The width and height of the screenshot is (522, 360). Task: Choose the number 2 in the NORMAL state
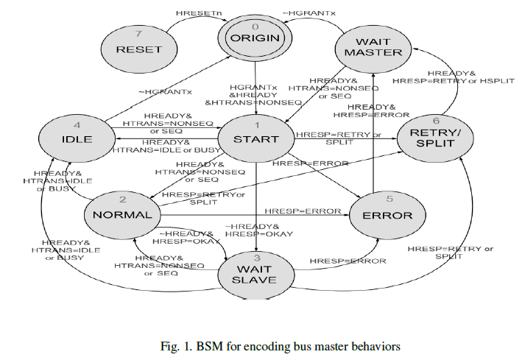coord(121,200)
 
